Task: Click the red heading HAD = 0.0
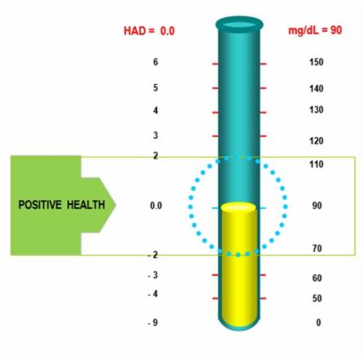149,31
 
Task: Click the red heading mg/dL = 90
315,30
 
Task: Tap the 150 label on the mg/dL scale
317,62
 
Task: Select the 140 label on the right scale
317,88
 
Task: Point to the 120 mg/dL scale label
317,140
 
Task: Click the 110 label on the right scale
317,164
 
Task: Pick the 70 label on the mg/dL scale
317,248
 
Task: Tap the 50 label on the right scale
317,299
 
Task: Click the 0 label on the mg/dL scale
318,322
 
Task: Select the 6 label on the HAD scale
156,62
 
